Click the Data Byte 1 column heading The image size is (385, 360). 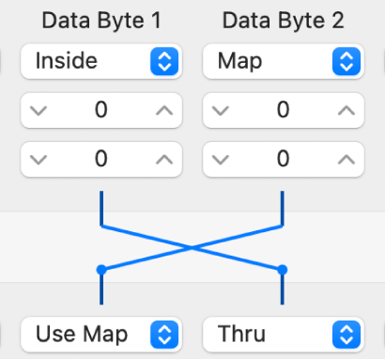pyautogui.click(x=100, y=20)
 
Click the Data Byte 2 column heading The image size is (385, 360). pyautogui.click(x=283, y=20)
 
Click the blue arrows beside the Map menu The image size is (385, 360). pyautogui.click(x=346, y=62)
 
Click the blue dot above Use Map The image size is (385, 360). pyautogui.click(x=101, y=270)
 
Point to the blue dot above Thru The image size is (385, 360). pyautogui.click(x=282, y=270)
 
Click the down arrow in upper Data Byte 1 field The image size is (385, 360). pyautogui.click(x=39, y=111)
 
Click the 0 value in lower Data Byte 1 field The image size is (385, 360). pyautogui.click(x=100, y=159)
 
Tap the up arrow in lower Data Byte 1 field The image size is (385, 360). pyautogui.click(x=163, y=159)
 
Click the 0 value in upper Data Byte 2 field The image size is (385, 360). pyautogui.click(x=283, y=111)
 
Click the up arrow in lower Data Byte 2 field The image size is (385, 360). pyautogui.click(x=346, y=159)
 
